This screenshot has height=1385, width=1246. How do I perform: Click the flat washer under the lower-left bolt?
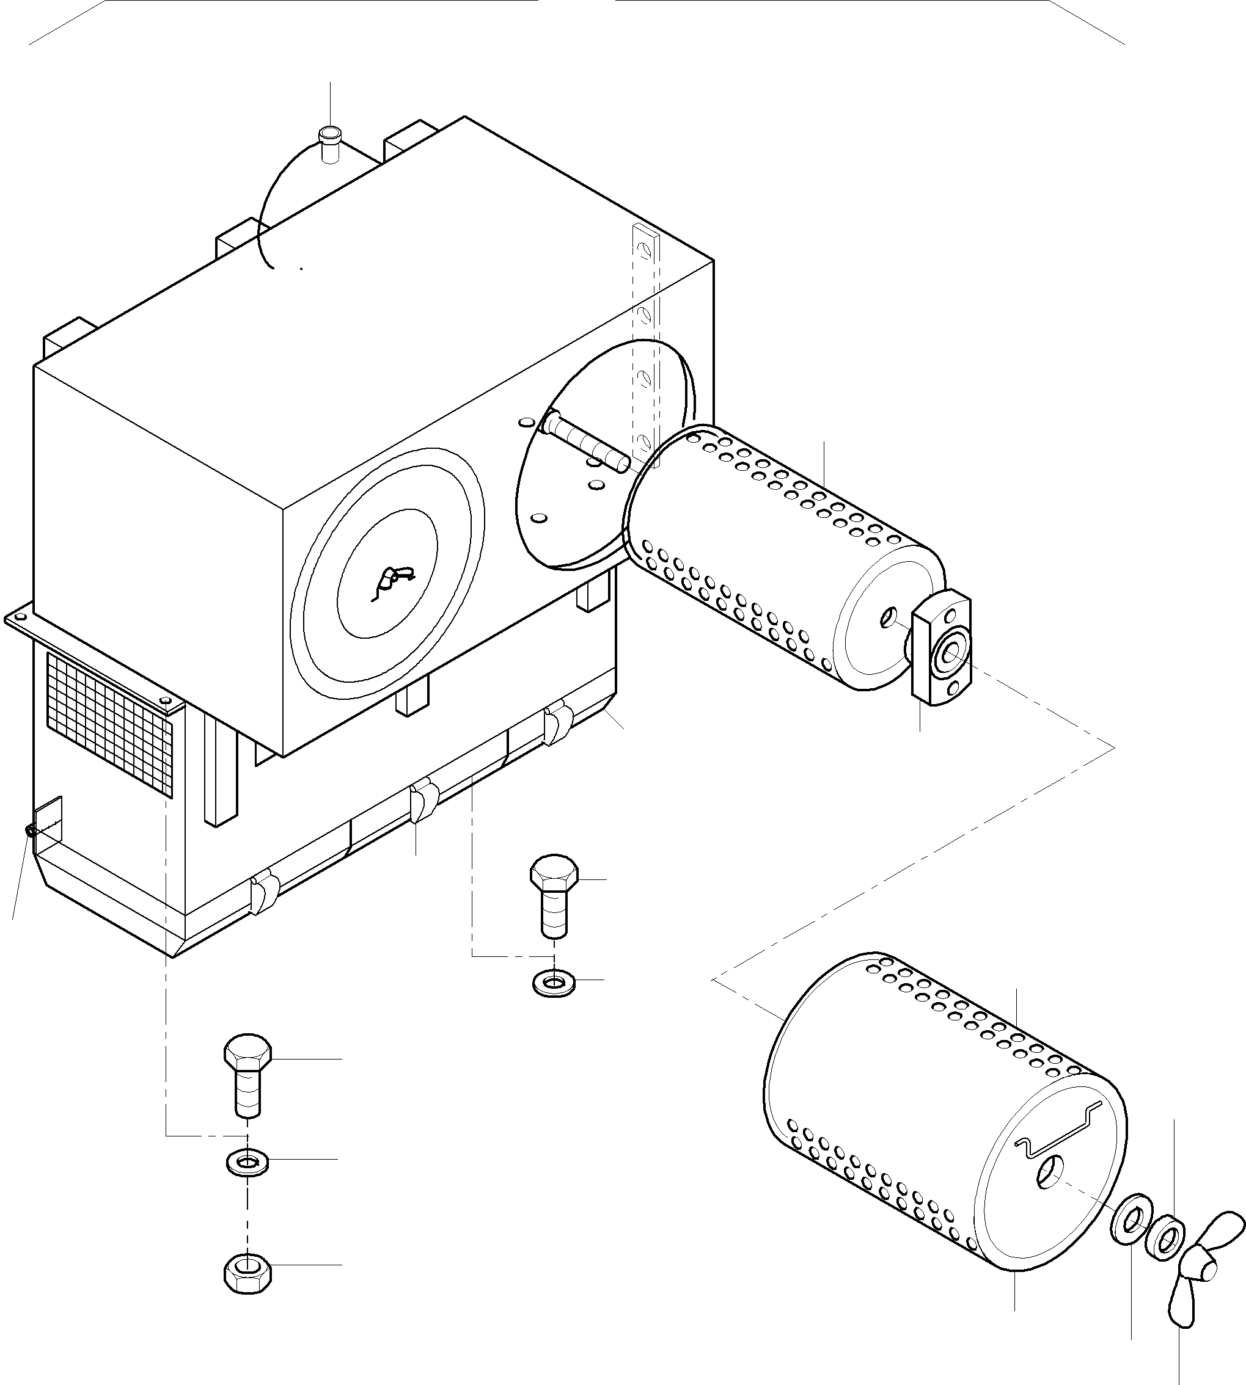(247, 1162)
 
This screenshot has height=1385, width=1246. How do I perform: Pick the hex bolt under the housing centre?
(554, 893)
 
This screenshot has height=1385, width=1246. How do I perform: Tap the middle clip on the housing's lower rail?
(422, 801)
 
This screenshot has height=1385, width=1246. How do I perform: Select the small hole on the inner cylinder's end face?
(889, 617)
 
